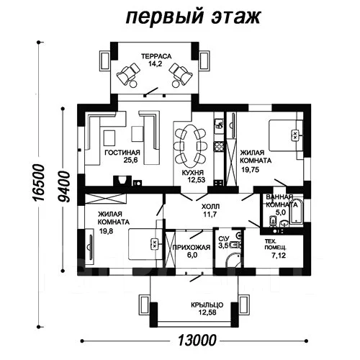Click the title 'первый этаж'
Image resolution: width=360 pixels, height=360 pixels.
(193, 17)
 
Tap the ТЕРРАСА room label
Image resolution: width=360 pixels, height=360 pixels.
(156, 56)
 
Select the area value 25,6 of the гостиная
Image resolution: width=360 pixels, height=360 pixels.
(130, 161)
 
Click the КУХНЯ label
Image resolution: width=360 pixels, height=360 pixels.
(193, 172)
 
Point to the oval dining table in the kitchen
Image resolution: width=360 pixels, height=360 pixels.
(191, 146)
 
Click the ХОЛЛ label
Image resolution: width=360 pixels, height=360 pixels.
(210, 207)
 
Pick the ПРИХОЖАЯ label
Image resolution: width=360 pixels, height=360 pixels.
(192, 247)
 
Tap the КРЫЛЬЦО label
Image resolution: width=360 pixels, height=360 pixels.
(207, 305)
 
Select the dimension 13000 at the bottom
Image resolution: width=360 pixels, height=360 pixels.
(197, 340)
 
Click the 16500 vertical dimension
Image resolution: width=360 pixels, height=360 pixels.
(39, 182)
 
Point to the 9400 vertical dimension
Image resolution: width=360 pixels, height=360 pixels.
(63, 186)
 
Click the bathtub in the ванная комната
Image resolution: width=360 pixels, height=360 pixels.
(297, 211)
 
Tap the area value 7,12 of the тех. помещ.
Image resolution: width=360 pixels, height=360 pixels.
(279, 256)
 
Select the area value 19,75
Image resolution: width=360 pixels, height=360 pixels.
(251, 170)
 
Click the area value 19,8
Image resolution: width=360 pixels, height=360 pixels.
(106, 231)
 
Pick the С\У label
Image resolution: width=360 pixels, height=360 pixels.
(224, 238)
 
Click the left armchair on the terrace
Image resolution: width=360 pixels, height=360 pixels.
(128, 75)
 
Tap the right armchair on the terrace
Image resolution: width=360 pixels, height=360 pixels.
(181, 75)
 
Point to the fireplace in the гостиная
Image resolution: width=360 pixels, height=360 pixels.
(122, 181)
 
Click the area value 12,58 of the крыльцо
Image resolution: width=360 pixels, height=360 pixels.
(207, 312)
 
